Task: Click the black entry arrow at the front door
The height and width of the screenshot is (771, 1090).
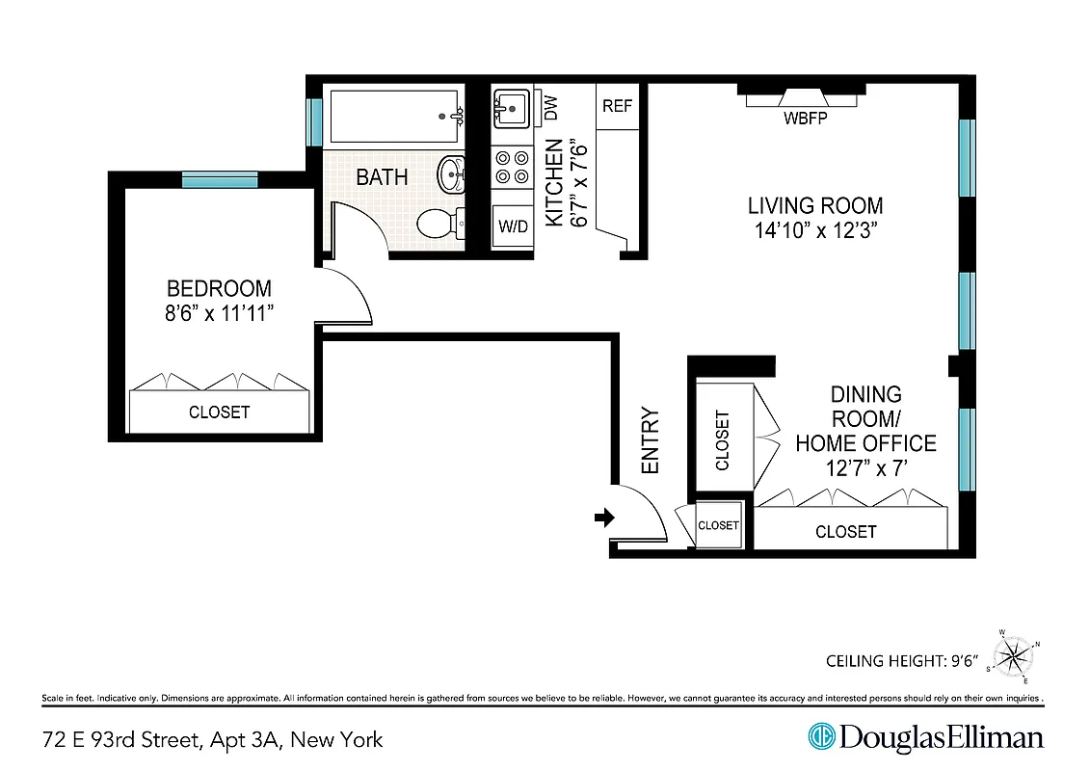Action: (x=604, y=518)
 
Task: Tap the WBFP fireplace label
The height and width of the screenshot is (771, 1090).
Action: (x=804, y=120)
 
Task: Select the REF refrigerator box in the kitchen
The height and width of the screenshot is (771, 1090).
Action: (x=617, y=105)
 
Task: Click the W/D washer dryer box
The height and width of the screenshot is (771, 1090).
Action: (x=513, y=227)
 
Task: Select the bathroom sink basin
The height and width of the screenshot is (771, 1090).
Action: (x=451, y=175)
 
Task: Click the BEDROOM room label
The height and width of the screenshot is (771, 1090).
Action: (x=219, y=288)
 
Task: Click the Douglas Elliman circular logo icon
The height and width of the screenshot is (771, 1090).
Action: (x=821, y=738)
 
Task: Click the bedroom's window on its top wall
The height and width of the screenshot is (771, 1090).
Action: (x=220, y=179)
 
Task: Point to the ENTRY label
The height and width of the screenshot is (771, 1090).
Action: (x=651, y=440)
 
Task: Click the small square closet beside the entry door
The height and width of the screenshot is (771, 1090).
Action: (x=718, y=525)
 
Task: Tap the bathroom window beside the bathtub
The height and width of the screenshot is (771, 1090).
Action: (x=313, y=120)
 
